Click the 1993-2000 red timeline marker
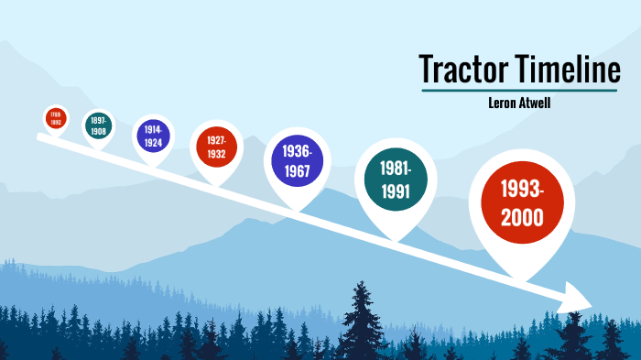click(521, 202)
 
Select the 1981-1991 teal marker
click(395, 179)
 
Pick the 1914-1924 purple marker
click(153, 136)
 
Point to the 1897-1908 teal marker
click(99, 125)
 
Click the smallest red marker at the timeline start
click(56, 117)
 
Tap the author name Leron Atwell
click(520, 103)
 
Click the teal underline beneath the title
click(520, 91)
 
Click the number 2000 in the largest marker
click(521, 218)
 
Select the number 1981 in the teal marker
click(396, 169)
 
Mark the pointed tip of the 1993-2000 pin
click(520, 278)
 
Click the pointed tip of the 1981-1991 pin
click(395, 239)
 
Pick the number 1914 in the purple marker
click(153, 130)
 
